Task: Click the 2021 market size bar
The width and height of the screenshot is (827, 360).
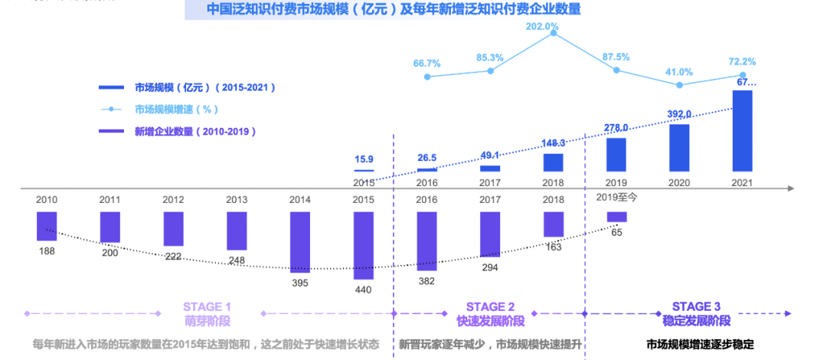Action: pos(742,131)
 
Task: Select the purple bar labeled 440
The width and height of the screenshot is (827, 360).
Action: pos(364,245)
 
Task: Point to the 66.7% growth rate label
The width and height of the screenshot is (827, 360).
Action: pos(427,63)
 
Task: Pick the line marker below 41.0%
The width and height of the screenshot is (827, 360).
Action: pos(679,85)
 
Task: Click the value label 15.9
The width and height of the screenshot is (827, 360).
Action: pos(364,159)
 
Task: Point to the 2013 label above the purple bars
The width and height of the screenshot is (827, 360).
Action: pos(237,199)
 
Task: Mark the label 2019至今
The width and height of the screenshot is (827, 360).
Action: pos(617,197)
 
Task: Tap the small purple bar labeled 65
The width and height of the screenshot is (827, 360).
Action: pos(616,217)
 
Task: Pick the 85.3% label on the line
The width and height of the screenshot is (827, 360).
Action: pos(489,57)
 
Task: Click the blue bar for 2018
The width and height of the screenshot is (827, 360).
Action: pos(553,162)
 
